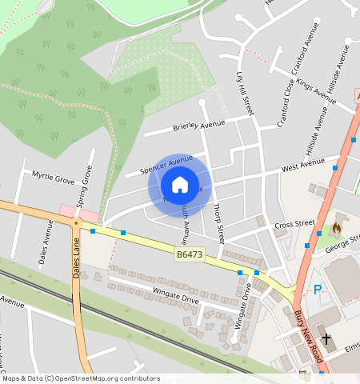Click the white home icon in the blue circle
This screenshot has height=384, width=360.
click(180, 186)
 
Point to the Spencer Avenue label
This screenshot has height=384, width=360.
click(166, 165)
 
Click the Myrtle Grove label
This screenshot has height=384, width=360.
click(53, 178)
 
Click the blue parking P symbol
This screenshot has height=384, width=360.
click(317, 289)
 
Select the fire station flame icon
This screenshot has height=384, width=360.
click(337, 229)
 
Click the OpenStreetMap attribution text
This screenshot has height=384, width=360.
click(80, 378)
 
